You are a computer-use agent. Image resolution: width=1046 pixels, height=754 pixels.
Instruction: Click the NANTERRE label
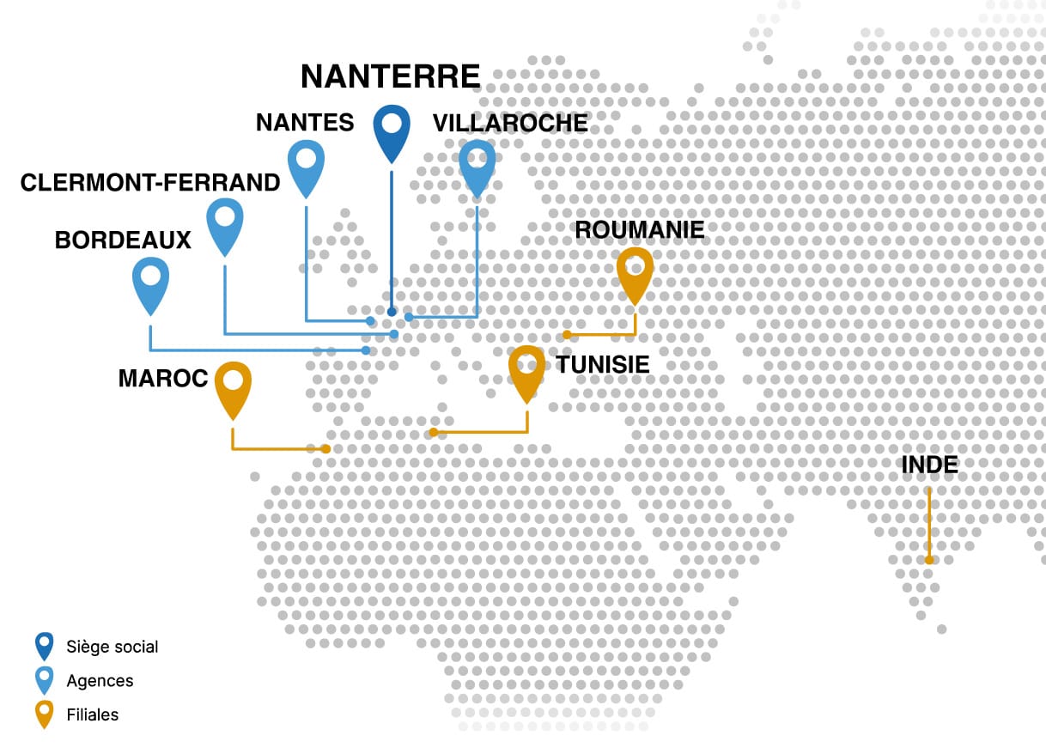point(390,76)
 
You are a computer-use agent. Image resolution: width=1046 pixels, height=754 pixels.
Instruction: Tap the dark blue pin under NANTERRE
point(391,131)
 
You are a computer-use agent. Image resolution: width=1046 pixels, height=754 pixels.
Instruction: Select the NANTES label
point(305,123)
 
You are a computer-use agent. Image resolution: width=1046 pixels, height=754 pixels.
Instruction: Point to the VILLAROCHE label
point(510,123)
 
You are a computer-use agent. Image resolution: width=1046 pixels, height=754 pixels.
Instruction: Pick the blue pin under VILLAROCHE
point(477,164)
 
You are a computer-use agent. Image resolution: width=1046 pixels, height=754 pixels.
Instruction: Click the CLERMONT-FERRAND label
point(150,183)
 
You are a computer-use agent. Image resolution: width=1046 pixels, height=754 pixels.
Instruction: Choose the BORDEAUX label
point(123,240)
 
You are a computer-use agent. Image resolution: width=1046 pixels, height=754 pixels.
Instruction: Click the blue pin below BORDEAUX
point(150,283)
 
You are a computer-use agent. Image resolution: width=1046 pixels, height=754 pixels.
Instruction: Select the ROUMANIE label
point(640,230)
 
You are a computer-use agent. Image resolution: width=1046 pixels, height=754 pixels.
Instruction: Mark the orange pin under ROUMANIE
point(636,272)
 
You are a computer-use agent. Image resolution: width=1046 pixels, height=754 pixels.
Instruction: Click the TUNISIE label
point(602,365)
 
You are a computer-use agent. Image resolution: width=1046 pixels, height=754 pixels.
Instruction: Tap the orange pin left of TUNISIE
point(526,370)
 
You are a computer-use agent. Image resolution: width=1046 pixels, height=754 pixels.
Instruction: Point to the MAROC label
point(163,379)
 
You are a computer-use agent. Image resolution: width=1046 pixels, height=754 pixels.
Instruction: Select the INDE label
point(929,465)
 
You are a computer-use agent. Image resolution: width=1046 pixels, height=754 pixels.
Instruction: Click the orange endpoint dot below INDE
point(929,560)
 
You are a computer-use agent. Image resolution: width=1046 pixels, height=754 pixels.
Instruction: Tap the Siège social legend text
point(113,647)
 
